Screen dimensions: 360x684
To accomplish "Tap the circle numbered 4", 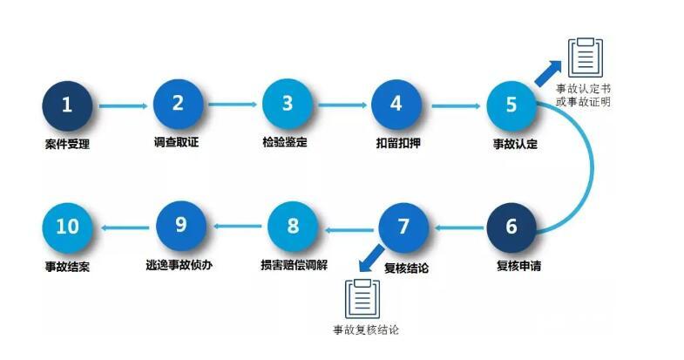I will click(396, 104).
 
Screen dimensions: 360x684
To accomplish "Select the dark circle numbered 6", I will click(511, 227).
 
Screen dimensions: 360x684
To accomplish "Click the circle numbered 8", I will click(293, 227).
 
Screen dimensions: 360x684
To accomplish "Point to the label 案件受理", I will click(67, 144).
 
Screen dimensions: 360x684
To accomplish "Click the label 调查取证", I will click(177, 142).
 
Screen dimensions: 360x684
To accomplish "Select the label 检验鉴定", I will click(287, 142).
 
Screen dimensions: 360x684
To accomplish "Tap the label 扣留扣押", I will click(396, 142).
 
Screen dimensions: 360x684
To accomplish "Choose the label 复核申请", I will click(512, 265).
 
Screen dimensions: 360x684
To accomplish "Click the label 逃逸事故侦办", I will click(181, 264).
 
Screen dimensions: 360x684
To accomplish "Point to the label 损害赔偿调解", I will click(293, 264).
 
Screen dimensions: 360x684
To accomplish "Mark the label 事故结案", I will click(67, 265).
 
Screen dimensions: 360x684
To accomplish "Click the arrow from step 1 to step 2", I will click(123, 106).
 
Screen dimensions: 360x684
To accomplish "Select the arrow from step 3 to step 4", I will click(342, 105).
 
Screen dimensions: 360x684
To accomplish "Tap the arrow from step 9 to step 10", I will click(125, 228).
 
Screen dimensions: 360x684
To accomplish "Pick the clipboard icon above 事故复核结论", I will click(363, 299).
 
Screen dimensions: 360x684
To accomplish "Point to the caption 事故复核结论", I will click(366, 330).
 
